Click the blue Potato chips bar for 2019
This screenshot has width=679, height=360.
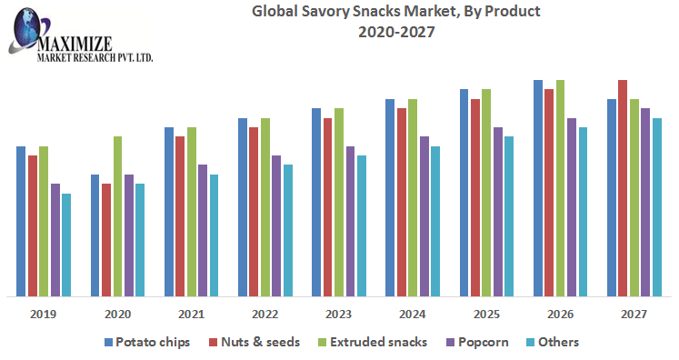coord(21,221)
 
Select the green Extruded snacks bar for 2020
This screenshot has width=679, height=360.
coord(117,216)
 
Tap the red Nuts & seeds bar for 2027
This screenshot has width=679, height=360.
coord(623,188)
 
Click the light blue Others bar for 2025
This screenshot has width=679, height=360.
coord(509,216)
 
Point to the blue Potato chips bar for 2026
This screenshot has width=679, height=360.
coord(538,188)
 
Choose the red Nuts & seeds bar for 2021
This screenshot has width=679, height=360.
coord(180,216)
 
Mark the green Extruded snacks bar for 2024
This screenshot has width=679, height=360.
coord(413,197)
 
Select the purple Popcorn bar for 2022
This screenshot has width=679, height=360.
coord(276,225)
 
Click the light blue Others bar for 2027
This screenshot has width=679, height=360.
coord(656,207)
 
